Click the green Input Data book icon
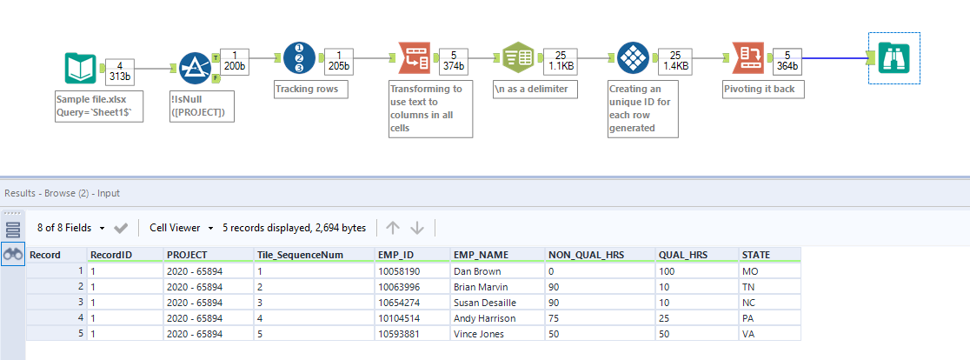pos(80,69)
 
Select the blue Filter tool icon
pos(195,69)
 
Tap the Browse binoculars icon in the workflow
pos(894,58)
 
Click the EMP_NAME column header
pos(476,254)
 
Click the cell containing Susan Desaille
pos(485,302)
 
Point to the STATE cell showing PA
pos(750,317)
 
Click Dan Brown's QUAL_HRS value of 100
pos(668,270)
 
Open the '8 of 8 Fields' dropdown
pos(70,228)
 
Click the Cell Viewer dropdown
pos(181,228)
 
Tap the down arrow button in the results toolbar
pos(417,228)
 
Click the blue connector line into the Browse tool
pos(834,58)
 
